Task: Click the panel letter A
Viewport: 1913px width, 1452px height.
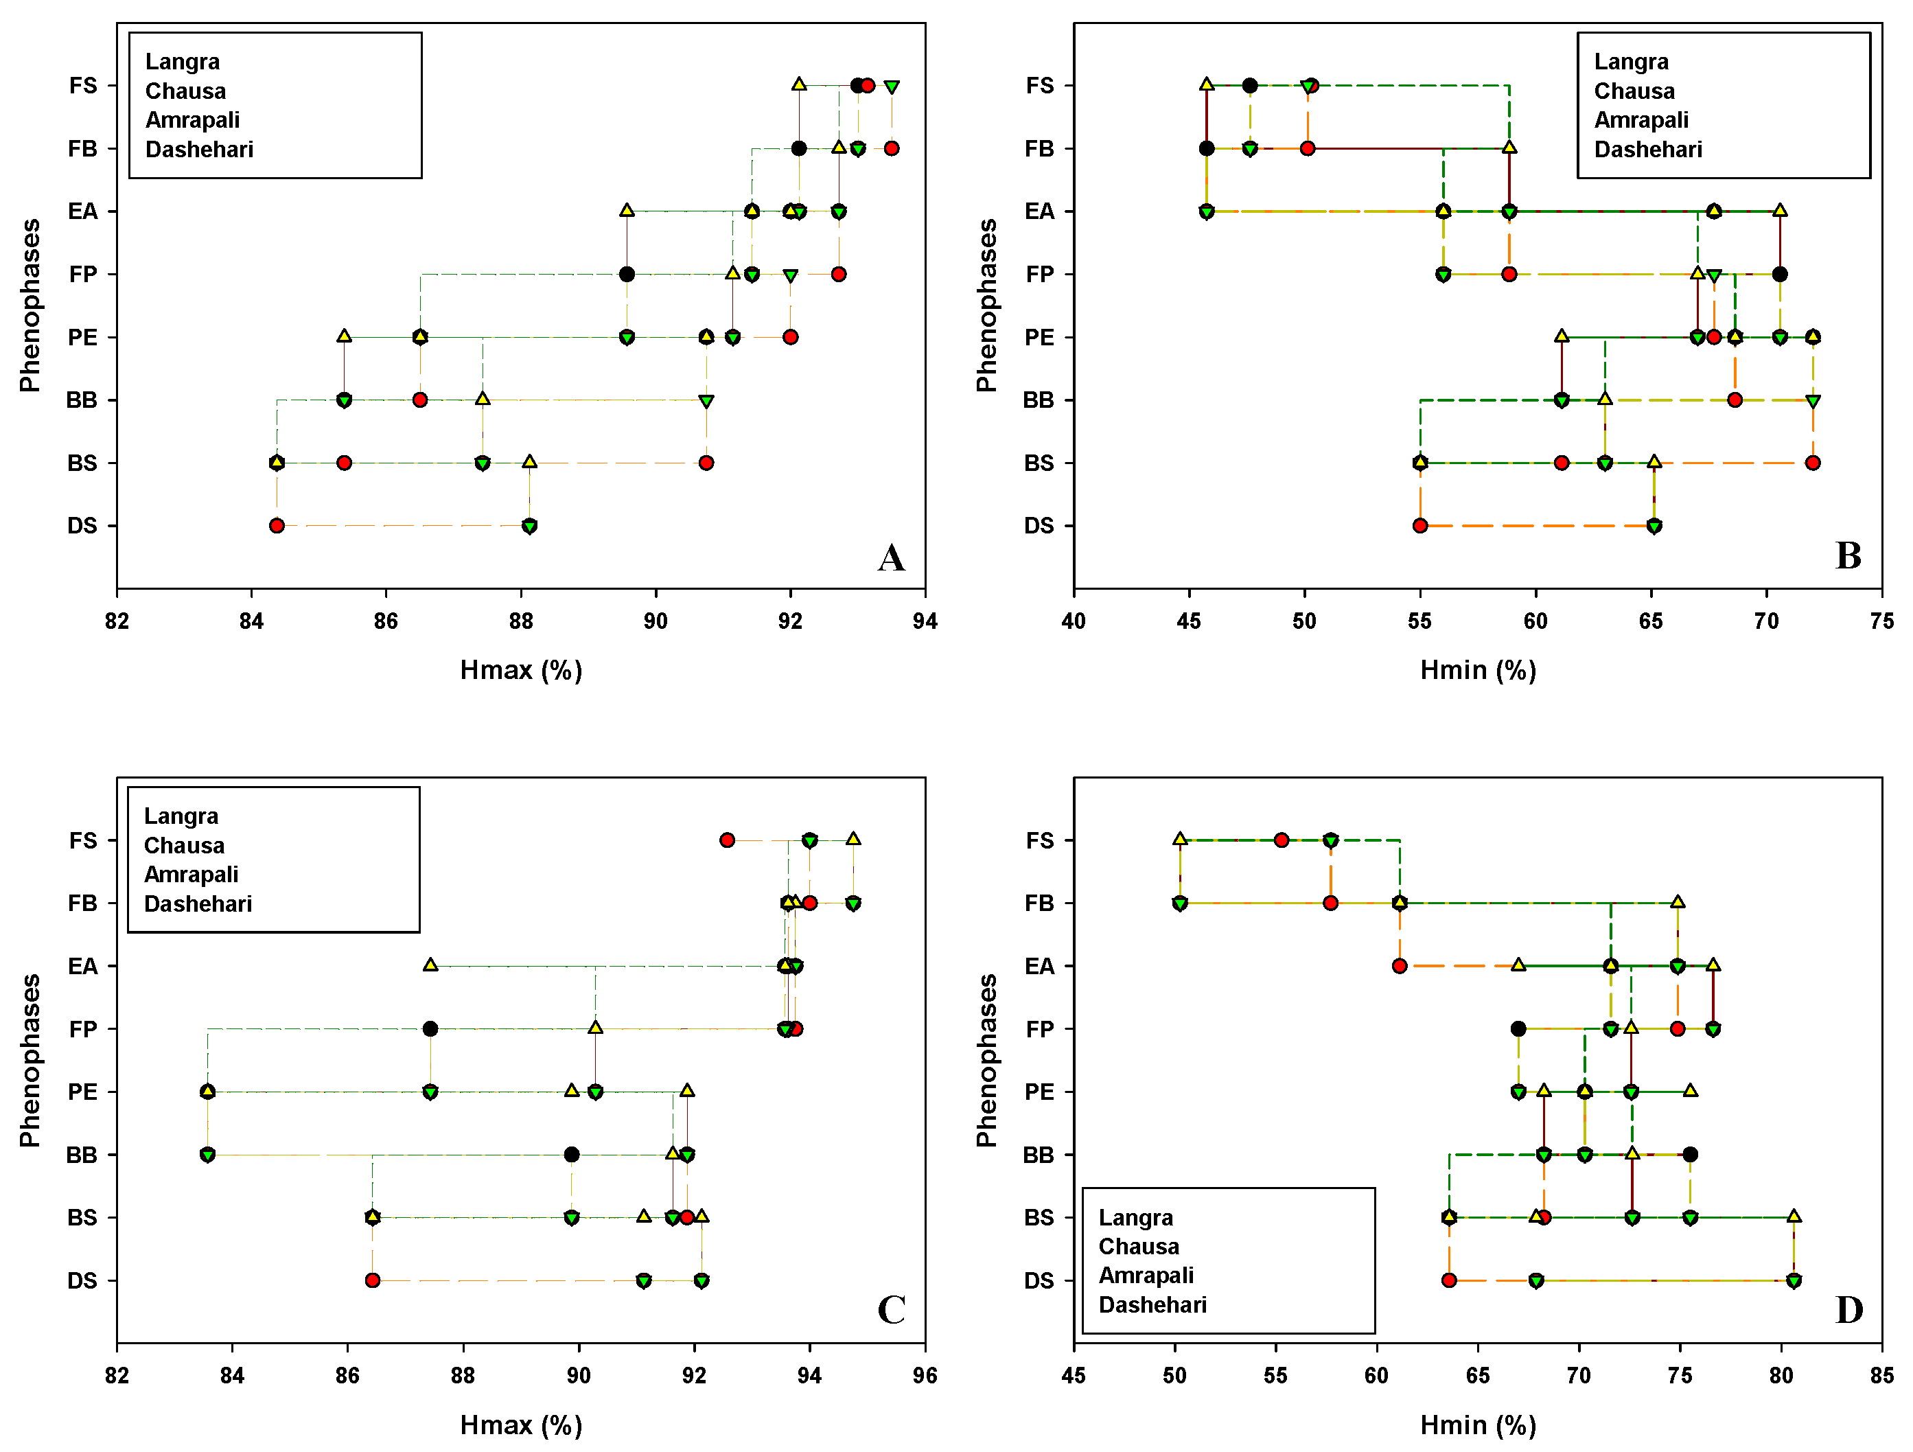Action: tap(891, 557)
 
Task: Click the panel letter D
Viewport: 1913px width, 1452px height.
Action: tap(1849, 1310)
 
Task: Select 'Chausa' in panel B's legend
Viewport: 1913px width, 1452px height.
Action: tap(1634, 91)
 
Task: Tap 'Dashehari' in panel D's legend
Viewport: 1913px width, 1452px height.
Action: tap(1152, 1304)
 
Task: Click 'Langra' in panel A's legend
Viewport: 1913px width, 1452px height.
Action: tap(183, 61)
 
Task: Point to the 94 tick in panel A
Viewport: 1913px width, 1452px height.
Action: tap(925, 621)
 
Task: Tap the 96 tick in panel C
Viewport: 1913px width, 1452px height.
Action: tap(925, 1375)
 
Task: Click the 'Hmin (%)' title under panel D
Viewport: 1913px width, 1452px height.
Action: tap(1477, 1425)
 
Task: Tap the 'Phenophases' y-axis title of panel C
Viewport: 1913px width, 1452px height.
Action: tap(30, 1060)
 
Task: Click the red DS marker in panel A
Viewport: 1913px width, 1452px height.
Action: tap(277, 526)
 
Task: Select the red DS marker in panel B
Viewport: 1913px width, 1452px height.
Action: tap(1420, 526)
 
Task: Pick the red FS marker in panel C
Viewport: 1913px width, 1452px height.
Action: tap(728, 840)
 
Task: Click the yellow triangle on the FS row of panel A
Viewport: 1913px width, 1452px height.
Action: tap(799, 84)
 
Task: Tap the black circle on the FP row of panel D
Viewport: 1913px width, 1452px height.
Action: tap(1518, 1028)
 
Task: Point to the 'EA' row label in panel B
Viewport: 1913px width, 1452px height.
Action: tap(1039, 211)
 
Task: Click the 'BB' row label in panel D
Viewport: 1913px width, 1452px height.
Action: tap(1038, 1155)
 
